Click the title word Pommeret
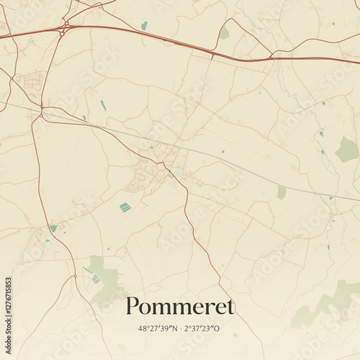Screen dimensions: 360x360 coord(180,307)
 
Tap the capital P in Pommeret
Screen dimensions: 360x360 coord(132,307)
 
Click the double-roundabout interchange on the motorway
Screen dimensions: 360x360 coord(65,27)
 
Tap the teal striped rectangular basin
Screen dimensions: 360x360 coord(125,207)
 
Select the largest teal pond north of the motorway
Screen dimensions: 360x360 coord(144,25)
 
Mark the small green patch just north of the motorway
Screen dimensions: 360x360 coord(225,33)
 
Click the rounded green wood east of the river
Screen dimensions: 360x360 coord(347,149)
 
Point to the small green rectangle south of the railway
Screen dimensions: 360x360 coord(282,192)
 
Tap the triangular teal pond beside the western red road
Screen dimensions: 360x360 coord(53,228)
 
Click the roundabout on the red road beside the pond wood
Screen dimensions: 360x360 coord(73,275)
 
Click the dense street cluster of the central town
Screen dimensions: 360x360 coord(162,155)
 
